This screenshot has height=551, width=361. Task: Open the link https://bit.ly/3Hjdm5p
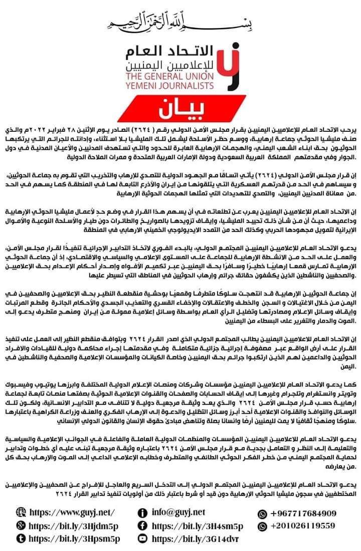(x=75, y=525)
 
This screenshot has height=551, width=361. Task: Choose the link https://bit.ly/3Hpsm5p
(x=75, y=538)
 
